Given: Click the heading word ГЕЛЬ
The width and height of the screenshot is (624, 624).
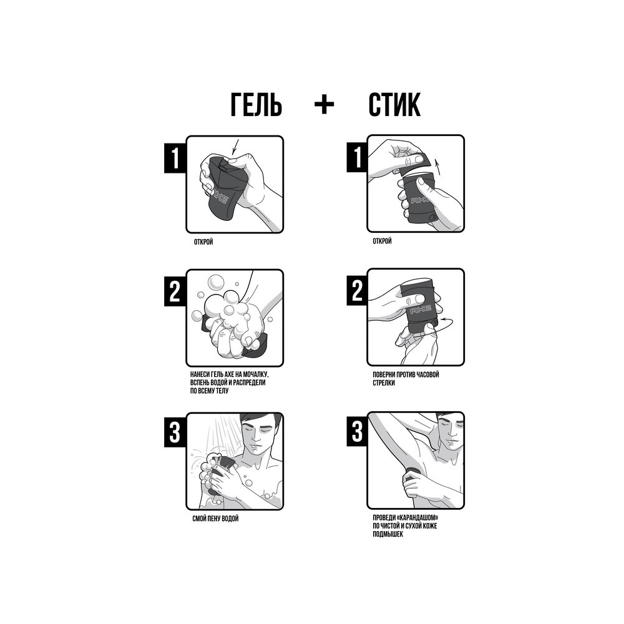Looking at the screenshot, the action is tap(256, 105).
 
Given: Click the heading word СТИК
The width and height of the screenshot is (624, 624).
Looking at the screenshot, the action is tap(394, 105).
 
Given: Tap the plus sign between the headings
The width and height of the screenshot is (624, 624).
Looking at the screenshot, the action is tap(324, 105).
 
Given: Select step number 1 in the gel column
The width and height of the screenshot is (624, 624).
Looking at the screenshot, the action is tap(175, 158).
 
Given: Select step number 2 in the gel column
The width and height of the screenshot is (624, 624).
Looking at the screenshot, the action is tap(175, 291).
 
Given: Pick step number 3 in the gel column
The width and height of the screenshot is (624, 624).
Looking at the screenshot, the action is tap(175, 433).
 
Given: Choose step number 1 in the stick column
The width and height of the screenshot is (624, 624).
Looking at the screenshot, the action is tap(357, 157).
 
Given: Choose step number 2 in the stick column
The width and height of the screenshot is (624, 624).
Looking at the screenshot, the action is tap(357, 291).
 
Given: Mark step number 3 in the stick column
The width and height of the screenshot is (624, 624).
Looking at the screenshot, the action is tap(357, 431).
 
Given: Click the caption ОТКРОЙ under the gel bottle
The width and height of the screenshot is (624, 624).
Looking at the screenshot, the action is tap(203, 242).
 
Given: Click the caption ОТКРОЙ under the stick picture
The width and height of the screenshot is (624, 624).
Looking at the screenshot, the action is tap(382, 241).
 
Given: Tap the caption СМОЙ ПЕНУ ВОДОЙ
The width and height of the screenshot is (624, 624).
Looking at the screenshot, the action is tap(215, 519).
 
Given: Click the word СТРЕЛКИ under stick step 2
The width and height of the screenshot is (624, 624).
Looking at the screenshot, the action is tap(384, 383).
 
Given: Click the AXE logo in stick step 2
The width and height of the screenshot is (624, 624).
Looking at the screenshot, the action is tap(421, 310).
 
